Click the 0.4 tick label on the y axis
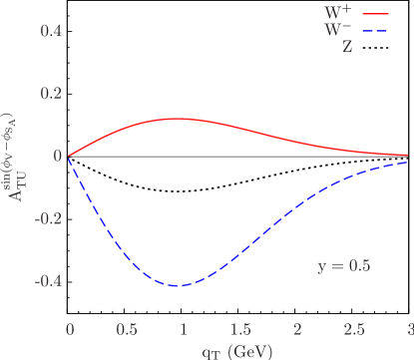[52, 31]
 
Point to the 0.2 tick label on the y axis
[52, 94]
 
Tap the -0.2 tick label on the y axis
[50, 218]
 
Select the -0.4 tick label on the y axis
[50, 281]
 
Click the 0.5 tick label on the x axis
[127, 329]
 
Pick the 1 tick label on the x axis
[184, 329]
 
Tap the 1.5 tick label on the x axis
[240, 329]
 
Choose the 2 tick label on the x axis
[297, 329]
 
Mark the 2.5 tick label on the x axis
[354, 329]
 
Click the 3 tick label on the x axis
[410, 329]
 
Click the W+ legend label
[338, 13]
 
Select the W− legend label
[338, 29]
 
